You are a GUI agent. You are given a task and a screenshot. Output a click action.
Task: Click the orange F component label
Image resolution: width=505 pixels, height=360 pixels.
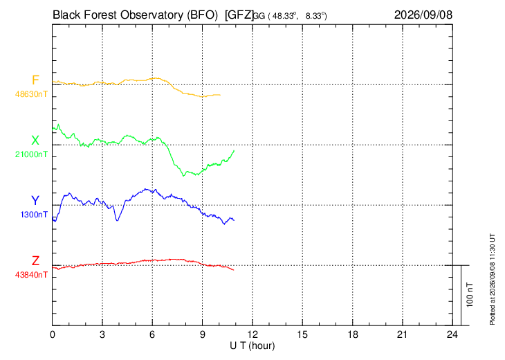click(x=35, y=80)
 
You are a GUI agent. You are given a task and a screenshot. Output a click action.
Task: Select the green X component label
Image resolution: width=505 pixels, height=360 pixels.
click(x=35, y=141)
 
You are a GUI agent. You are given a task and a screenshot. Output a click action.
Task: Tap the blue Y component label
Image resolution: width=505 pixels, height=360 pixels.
click(x=35, y=201)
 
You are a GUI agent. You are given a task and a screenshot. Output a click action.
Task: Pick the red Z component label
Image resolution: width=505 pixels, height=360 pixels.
click(x=35, y=260)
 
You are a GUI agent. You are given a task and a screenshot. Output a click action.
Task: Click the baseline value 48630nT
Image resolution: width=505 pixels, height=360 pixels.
click(x=31, y=94)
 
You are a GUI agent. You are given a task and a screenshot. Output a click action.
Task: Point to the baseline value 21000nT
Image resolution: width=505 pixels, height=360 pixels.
click(x=31, y=154)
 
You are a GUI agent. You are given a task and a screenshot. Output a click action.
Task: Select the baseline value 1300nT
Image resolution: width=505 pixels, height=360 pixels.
click(x=34, y=215)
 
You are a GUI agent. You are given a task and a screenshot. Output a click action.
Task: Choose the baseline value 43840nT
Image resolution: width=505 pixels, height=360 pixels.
click(x=31, y=275)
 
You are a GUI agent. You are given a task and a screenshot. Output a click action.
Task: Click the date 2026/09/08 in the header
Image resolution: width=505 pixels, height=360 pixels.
click(x=423, y=15)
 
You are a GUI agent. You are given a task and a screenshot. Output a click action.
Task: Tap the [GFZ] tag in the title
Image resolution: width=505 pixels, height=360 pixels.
click(x=239, y=15)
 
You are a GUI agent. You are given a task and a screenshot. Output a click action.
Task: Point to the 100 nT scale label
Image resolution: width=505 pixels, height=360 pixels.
click(x=470, y=295)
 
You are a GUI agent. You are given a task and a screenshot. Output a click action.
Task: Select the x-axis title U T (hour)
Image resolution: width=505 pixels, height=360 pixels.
click(x=252, y=346)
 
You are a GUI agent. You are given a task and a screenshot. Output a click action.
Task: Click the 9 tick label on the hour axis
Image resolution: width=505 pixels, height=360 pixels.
click(x=202, y=334)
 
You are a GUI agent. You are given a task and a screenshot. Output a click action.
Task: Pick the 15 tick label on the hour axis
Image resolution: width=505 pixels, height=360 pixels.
click(x=302, y=334)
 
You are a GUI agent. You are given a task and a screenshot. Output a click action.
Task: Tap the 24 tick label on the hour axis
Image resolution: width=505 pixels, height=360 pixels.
click(x=452, y=334)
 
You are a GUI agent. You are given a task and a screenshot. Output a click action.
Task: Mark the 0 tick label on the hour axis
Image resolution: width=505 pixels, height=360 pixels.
click(x=52, y=334)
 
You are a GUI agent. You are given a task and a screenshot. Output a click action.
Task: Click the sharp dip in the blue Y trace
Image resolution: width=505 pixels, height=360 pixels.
click(x=117, y=220)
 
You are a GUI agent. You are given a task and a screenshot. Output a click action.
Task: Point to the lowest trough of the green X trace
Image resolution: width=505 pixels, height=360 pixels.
click(x=183, y=175)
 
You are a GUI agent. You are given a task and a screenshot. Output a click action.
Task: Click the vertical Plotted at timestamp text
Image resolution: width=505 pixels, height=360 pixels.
click(x=492, y=279)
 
